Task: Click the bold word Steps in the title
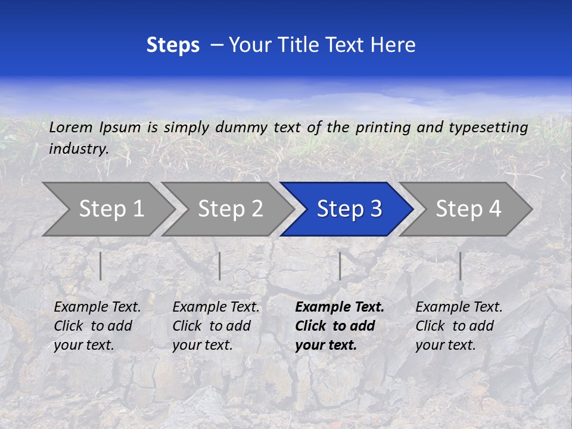tap(173, 45)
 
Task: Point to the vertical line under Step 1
tap(101, 266)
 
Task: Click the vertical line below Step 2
tap(220, 266)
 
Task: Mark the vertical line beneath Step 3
tap(340, 266)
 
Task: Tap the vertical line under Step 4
tap(461, 266)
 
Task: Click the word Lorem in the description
tap(71, 127)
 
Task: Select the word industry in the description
tap(79, 148)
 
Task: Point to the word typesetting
tap(488, 127)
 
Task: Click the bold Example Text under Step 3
tap(340, 307)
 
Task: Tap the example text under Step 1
tap(97, 326)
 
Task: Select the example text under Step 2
tap(216, 326)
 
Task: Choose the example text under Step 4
tap(459, 326)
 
